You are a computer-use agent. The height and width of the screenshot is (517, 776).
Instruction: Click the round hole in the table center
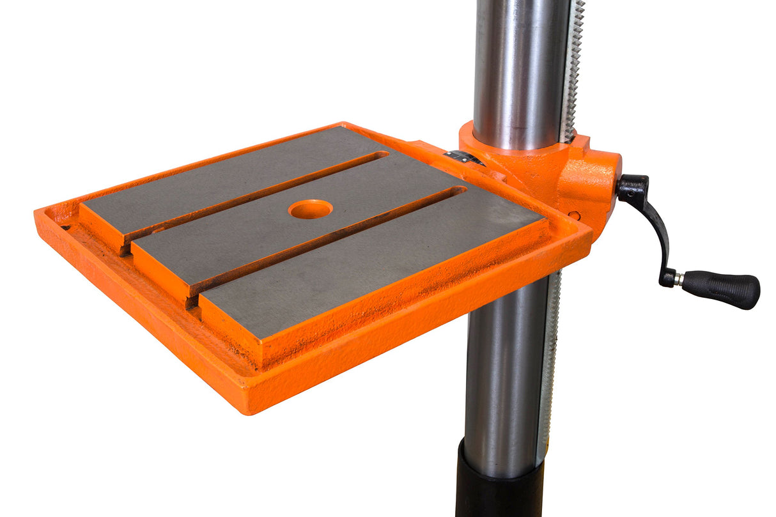pyautogui.click(x=310, y=209)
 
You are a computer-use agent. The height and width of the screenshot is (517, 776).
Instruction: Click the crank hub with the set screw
pyautogui.click(x=632, y=187)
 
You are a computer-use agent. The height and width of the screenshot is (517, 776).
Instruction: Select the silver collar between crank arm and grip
pyautogui.click(x=678, y=279)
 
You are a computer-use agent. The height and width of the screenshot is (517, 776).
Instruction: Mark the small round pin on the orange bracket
pyautogui.click(x=575, y=215)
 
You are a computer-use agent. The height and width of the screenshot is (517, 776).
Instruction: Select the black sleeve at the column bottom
pyautogui.click(x=499, y=486)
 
